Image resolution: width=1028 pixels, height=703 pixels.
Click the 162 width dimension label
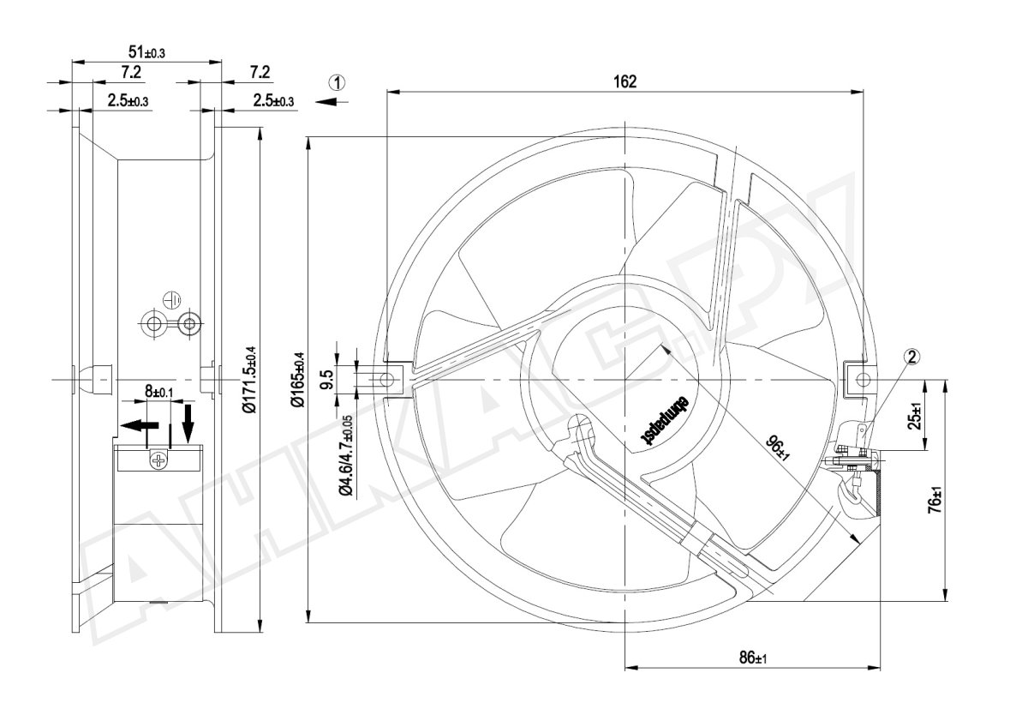tap(625, 81)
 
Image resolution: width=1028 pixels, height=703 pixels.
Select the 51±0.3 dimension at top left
tap(146, 52)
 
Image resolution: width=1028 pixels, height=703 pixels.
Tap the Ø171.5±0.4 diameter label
tap(249, 380)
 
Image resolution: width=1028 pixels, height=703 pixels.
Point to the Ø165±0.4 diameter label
tap(299, 380)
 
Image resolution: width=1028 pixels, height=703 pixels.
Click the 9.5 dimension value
tap(326, 379)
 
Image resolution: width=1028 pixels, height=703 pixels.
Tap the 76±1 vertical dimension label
tap(935, 500)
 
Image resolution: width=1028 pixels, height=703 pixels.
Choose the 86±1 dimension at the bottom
tap(752, 658)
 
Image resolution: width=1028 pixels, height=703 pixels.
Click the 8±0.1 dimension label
tap(158, 392)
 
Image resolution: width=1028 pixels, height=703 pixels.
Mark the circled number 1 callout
tap(338, 82)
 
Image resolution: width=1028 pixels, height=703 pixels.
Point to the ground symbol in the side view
tap(170, 299)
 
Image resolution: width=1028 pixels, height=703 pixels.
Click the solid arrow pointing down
tap(188, 419)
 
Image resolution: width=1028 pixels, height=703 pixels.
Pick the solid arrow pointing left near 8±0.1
tap(137, 424)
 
